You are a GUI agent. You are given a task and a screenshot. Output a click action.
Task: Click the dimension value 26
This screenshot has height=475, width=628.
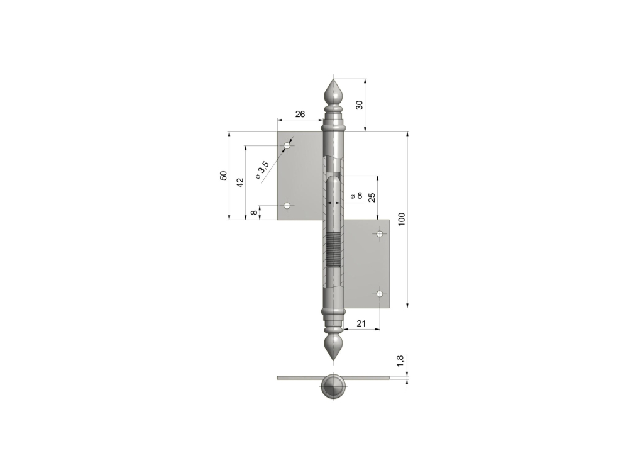tap(300, 115)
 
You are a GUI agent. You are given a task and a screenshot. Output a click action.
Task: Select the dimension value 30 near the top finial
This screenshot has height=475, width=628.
tap(359, 105)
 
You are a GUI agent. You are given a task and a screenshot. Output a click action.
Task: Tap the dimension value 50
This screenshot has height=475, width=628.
tap(224, 176)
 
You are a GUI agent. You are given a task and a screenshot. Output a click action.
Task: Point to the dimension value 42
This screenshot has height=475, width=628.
tap(240, 183)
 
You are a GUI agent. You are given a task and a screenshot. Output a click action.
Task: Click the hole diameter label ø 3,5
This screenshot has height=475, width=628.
tap(262, 170)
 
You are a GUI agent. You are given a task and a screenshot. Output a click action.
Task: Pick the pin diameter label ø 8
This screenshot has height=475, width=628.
tap(356, 196)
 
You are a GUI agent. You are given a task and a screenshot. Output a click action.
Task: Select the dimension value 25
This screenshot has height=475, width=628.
tap(372, 197)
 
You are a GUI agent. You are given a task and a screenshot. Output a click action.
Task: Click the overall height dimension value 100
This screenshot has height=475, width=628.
tap(402, 219)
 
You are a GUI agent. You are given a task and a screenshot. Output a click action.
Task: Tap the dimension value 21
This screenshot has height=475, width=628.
tap(361, 323)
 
